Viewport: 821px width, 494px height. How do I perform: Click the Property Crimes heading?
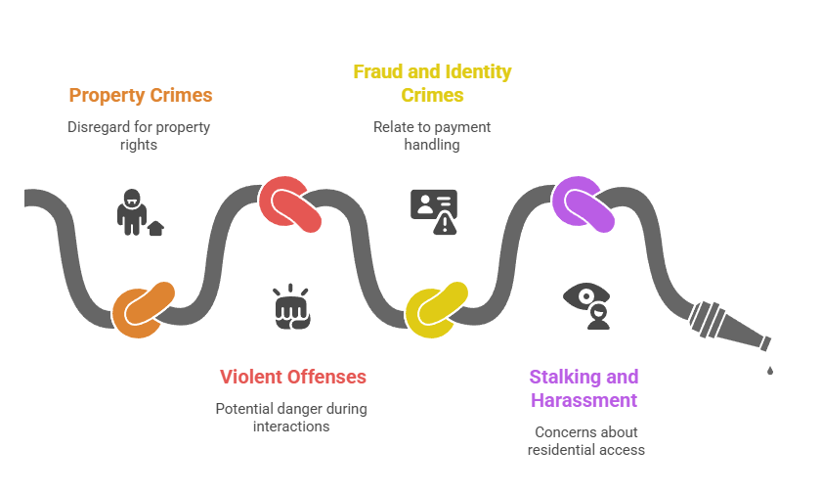click(141, 95)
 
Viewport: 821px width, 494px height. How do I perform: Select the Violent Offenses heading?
click(292, 377)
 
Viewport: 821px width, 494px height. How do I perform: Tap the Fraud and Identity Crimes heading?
click(431, 83)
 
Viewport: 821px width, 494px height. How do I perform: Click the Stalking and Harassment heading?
click(583, 388)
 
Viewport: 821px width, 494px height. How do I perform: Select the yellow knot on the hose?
click(436, 312)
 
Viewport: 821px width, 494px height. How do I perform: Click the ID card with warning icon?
click(433, 211)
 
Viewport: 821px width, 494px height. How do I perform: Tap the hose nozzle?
click(729, 329)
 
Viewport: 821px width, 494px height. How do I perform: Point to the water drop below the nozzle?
click(770, 370)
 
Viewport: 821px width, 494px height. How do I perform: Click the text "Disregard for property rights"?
click(138, 135)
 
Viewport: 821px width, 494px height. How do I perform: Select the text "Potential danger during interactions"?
click(291, 418)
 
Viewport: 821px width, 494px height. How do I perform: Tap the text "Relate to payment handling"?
click(431, 135)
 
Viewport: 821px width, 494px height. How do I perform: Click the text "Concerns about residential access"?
click(585, 440)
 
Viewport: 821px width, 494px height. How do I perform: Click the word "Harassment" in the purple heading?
click(583, 400)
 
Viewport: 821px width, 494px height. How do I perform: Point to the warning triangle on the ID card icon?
click(446, 224)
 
